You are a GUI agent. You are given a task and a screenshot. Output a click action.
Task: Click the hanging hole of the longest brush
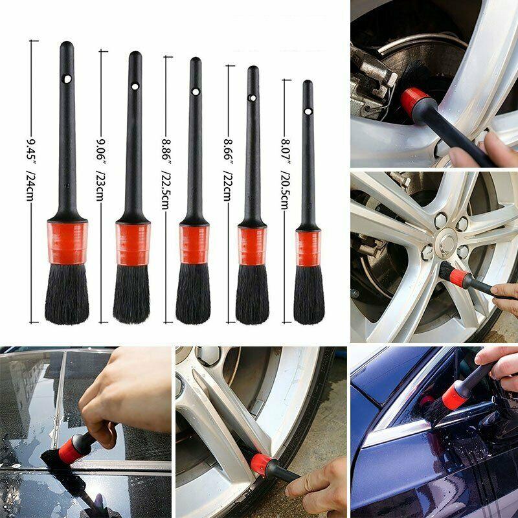(x=67, y=79)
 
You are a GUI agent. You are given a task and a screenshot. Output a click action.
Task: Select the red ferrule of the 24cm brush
(x=67, y=242)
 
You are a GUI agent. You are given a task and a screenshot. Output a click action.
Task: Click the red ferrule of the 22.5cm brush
(x=194, y=244)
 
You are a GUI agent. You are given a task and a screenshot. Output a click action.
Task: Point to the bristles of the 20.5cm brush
(x=309, y=295)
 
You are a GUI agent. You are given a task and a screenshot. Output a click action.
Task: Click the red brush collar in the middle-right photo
(x=458, y=279)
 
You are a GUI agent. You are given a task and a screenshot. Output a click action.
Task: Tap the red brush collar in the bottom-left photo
(x=72, y=448)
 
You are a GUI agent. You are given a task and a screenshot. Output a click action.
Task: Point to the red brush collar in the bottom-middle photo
(x=261, y=464)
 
